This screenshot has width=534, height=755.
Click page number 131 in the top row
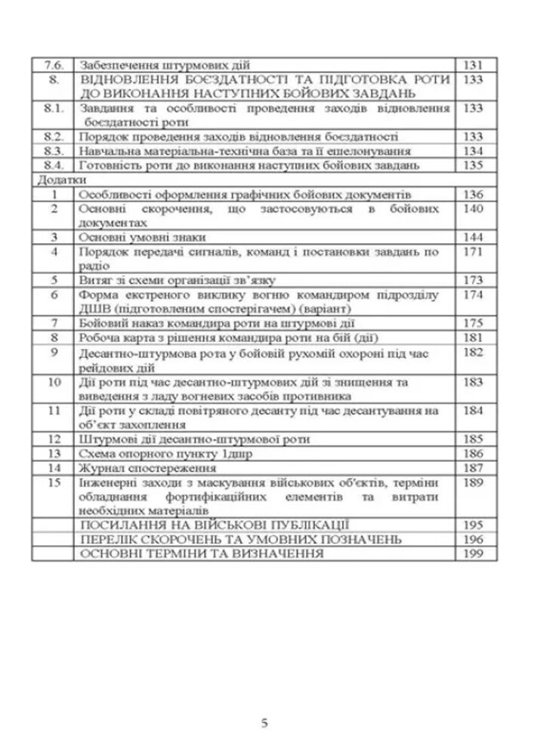[x=474, y=65]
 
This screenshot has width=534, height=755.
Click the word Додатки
[x=56, y=180]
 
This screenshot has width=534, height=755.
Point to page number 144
[x=474, y=237]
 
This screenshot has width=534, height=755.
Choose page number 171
[x=474, y=251]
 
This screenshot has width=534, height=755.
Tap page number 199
[x=474, y=553]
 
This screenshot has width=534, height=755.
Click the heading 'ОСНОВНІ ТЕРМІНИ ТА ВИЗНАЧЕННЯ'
[x=201, y=553]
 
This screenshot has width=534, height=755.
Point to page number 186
[x=474, y=454]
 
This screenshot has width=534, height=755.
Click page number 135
[x=474, y=165]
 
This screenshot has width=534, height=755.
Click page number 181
[x=474, y=337]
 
